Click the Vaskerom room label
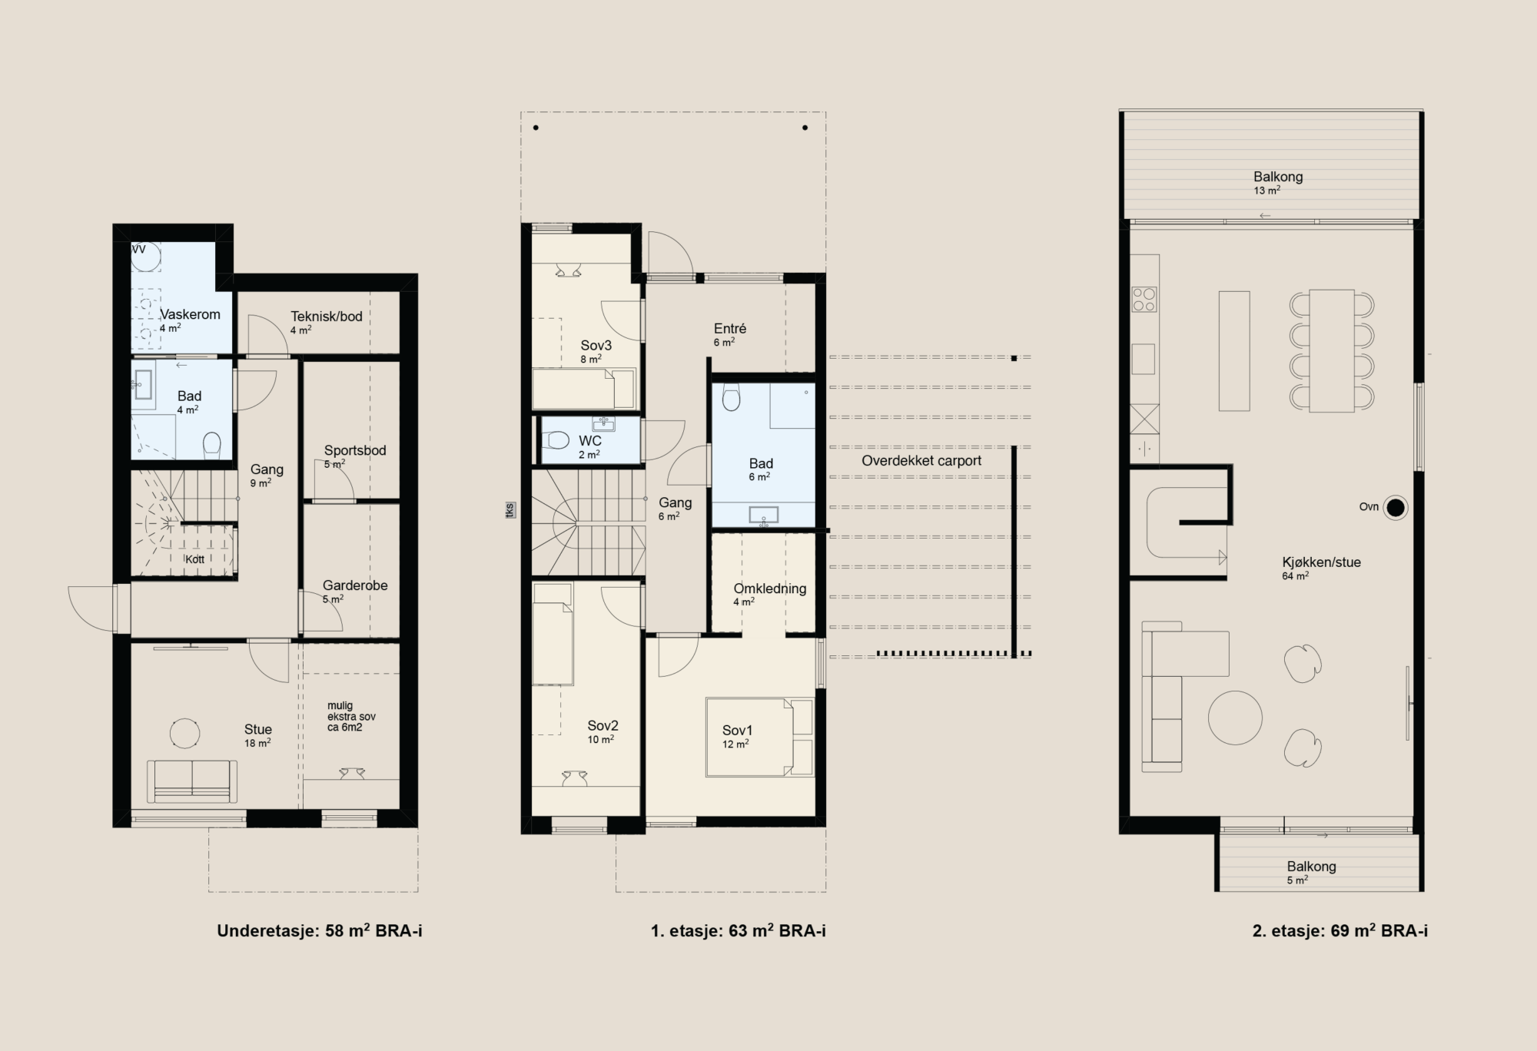(x=190, y=314)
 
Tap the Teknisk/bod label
(x=327, y=316)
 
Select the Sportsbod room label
(x=355, y=450)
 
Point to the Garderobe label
(x=355, y=585)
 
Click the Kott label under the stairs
(x=195, y=559)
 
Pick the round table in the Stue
(x=184, y=733)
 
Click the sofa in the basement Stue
(x=192, y=781)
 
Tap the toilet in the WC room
(x=556, y=440)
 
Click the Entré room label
(x=730, y=329)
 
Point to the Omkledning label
(x=770, y=588)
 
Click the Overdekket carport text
(x=921, y=461)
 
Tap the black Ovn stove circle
(x=1396, y=507)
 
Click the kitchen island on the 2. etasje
(x=1234, y=350)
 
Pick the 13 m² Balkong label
(x=1278, y=177)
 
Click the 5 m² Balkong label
(x=1312, y=867)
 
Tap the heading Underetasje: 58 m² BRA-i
(x=320, y=931)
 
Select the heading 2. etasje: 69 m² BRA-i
(x=1340, y=931)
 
